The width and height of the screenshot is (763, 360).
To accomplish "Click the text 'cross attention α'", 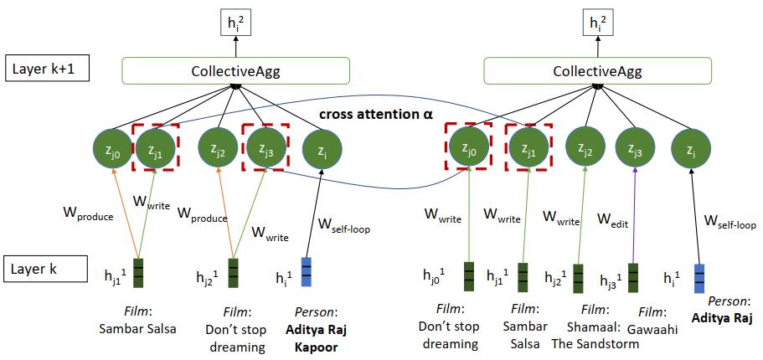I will pos(376,113).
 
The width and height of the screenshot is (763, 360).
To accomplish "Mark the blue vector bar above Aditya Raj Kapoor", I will pos(306,273).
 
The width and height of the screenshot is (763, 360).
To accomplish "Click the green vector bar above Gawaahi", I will pos(633,276).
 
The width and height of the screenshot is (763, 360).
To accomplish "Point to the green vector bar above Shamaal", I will pos(577,278).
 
